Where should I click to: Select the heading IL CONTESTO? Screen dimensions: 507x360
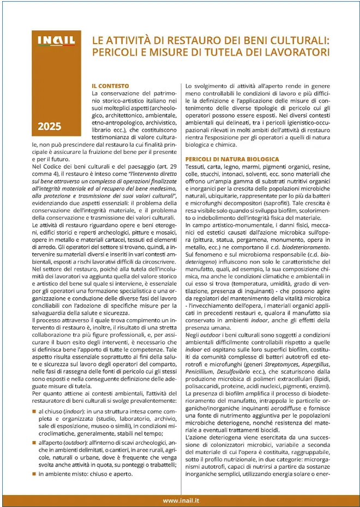click(x=110, y=86)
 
